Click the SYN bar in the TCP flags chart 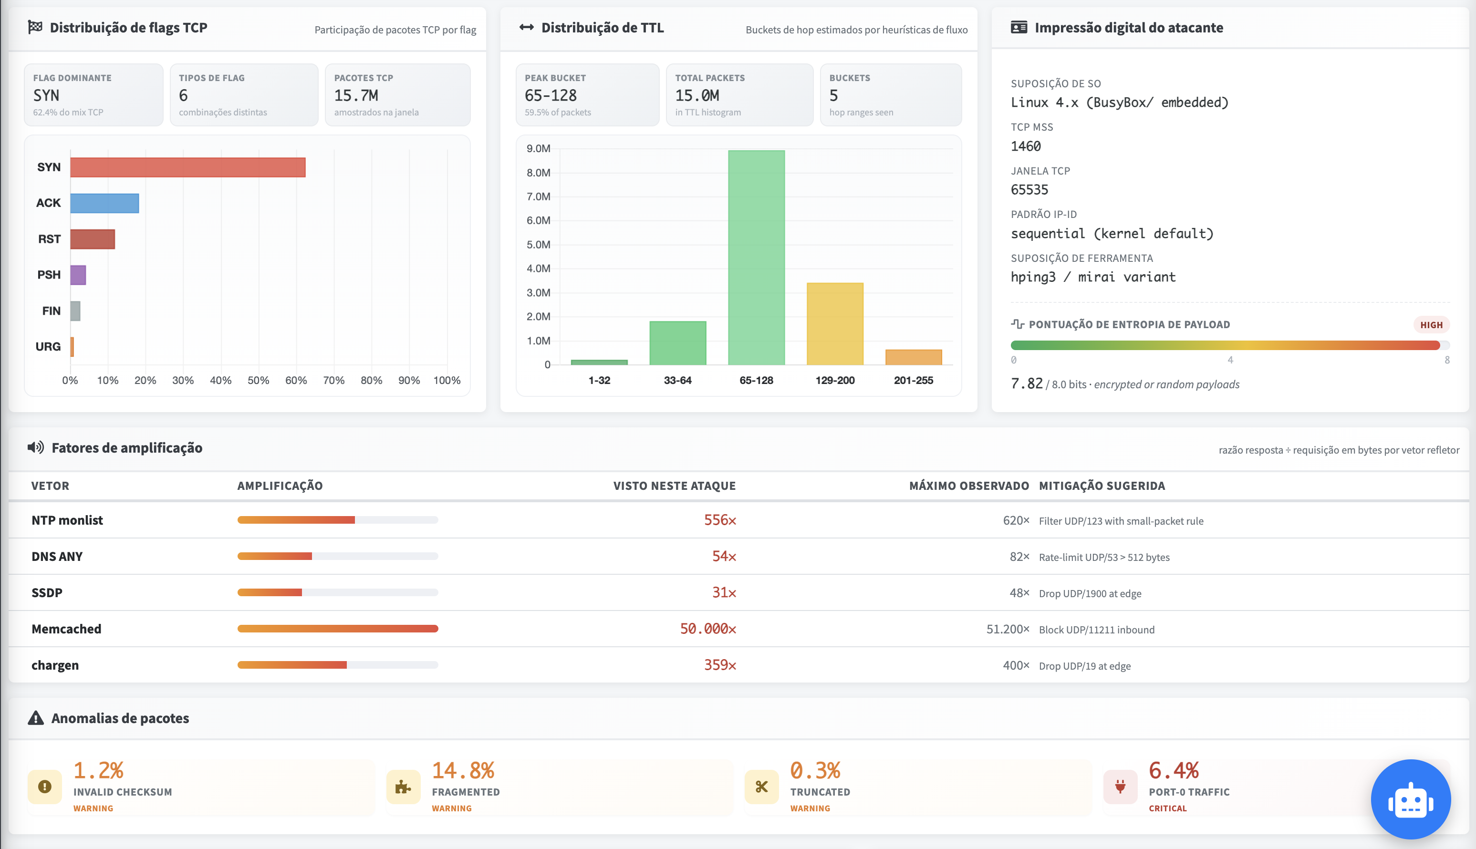[x=188, y=167]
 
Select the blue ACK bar [x=104, y=203]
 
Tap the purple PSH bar [x=78, y=275]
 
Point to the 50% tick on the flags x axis [x=259, y=380]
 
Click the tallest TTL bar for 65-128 [x=757, y=258]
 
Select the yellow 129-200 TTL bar [x=835, y=324]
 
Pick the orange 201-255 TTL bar [x=913, y=357]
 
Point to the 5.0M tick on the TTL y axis [x=538, y=244]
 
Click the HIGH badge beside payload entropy [x=1431, y=325]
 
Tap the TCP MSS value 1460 [x=1026, y=146]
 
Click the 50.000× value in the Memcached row [x=708, y=629]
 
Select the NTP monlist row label [x=67, y=520]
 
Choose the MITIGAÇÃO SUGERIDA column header [x=1102, y=486]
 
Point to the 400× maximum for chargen [x=1016, y=665]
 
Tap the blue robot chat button [x=1411, y=799]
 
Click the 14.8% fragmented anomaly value [x=463, y=770]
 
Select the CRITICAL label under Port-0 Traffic [x=1167, y=808]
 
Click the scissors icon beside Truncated [x=762, y=787]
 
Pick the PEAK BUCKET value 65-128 [x=551, y=95]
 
